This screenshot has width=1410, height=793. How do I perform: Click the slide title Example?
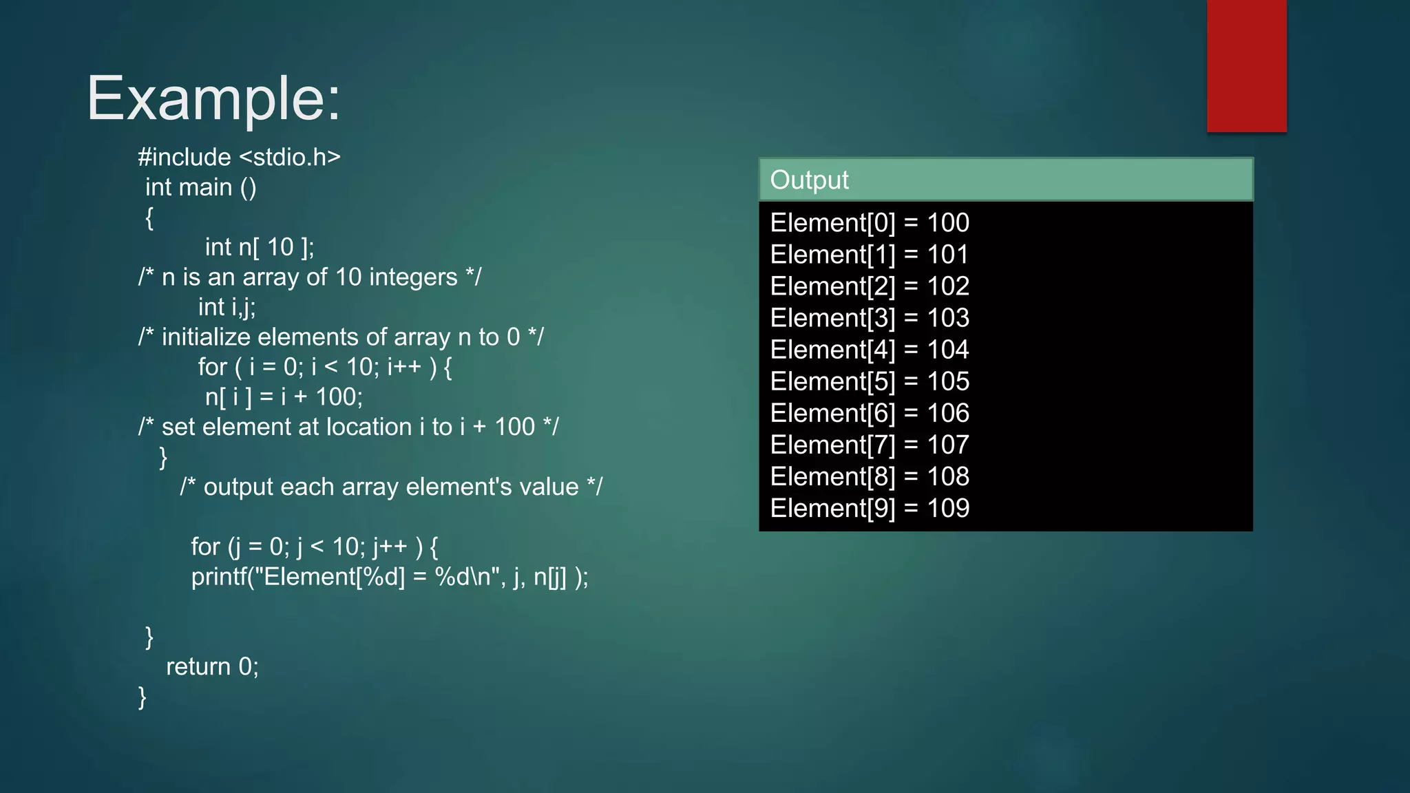tap(213, 98)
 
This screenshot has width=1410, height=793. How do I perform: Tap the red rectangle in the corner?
tap(1246, 66)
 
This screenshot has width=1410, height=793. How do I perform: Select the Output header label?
tap(809, 180)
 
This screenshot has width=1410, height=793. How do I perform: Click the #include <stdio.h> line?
tap(239, 157)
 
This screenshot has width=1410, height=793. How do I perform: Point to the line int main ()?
tap(200, 187)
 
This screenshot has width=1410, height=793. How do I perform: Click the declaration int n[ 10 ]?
tap(260, 247)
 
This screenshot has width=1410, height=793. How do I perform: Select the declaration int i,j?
tap(227, 307)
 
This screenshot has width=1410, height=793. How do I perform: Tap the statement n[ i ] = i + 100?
tap(284, 397)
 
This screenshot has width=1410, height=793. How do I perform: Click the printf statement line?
tap(390, 577)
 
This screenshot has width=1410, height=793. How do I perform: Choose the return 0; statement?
tap(212, 666)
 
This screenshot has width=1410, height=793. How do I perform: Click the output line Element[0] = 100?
tap(870, 223)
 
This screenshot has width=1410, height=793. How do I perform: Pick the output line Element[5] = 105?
tap(870, 381)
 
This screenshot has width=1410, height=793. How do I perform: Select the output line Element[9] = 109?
tap(870, 508)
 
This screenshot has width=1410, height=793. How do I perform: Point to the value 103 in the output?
tap(948, 318)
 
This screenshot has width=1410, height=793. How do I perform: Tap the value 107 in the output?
tap(948, 445)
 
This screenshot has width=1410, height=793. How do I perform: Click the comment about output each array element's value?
tap(391, 487)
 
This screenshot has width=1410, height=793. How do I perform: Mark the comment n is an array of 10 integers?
tap(310, 277)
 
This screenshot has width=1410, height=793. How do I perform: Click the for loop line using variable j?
tap(315, 547)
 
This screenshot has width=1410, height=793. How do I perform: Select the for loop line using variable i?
tap(325, 367)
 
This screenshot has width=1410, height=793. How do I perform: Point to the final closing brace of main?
tap(143, 697)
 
